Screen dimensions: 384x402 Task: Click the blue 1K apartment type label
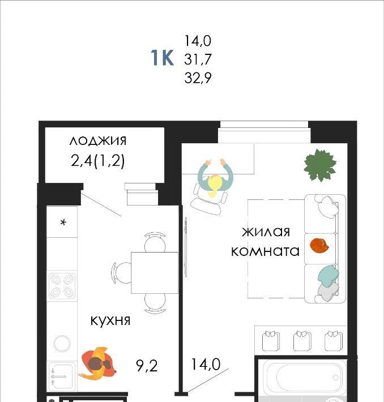point(162,58)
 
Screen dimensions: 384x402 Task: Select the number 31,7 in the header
point(198,59)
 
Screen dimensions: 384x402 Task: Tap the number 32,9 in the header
point(198,78)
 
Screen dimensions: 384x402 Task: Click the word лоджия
point(98,141)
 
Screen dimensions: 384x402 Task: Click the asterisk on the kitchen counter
point(63,223)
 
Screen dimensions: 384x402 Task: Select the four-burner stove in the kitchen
point(62,285)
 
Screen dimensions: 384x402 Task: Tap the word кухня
point(110,320)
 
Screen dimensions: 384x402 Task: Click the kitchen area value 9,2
point(147,366)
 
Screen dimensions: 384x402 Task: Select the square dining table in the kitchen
point(155,272)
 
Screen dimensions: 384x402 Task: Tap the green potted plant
point(320,165)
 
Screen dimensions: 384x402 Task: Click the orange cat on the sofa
point(319,246)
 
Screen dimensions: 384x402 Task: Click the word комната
point(265,251)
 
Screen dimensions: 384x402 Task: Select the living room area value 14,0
point(206,364)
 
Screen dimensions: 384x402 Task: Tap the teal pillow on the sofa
point(328,276)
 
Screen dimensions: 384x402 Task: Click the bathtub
point(304,377)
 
